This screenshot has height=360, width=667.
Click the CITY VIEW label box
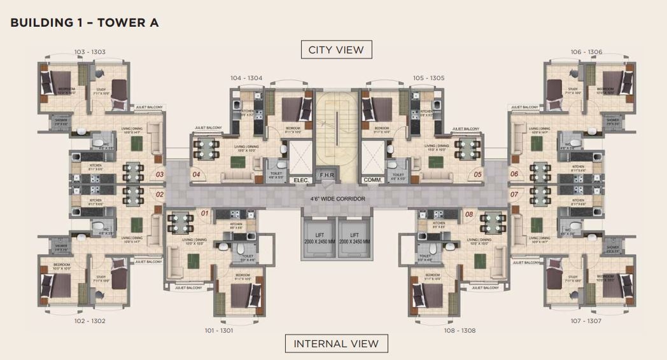(x=336, y=50)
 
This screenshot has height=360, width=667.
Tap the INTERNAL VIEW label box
(x=336, y=343)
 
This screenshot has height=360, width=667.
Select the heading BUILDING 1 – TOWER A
(x=85, y=23)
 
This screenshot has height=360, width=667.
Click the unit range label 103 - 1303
(x=90, y=52)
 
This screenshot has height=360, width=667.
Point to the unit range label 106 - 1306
(x=586, y=52)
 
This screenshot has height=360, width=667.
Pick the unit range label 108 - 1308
(x=460, y=330)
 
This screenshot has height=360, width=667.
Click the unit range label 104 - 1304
(x=246, y=78)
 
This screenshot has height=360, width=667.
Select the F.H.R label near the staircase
(x=325, y=174)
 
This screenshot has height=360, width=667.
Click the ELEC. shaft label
(x=300, y=180)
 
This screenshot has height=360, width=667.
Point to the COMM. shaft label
(x=372, y=180)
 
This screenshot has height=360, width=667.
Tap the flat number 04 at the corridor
(x=197, y=174)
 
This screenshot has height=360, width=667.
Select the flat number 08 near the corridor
(x=470, y=214)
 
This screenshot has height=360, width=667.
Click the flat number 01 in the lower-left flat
(x=204, y=214)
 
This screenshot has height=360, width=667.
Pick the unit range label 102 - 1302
(x=90, y=321)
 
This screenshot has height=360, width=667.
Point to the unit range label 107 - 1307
(x=586, y=321)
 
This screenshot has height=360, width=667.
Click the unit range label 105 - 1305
(x=428, y=78)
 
